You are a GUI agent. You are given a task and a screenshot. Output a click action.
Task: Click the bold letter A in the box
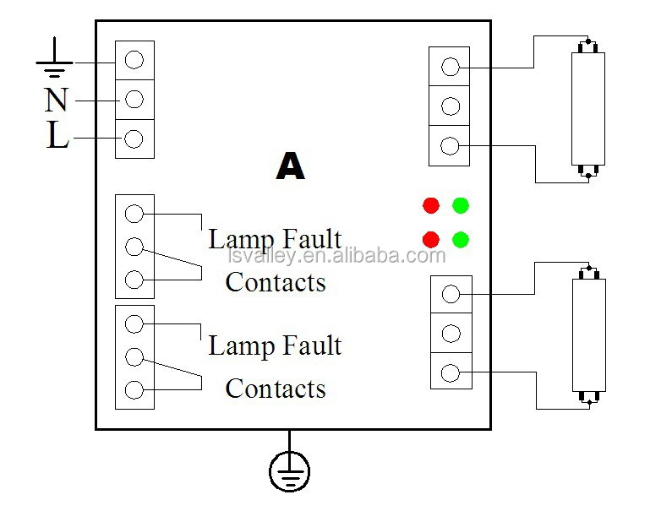[290, 166]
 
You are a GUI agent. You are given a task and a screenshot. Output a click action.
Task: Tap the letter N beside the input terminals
[57, 101]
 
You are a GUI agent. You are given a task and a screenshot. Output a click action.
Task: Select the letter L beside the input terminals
[57, 136]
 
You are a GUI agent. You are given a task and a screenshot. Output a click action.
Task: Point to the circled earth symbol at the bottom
[290, 470]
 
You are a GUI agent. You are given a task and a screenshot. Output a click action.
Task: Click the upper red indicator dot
[431, 205]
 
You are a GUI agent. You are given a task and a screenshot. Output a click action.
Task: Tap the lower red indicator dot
[431, 238]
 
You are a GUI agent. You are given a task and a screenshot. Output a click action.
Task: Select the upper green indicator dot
[461, 205]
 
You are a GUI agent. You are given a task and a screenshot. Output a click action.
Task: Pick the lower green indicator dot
[461, 238]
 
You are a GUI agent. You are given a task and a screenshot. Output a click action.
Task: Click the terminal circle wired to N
[134, 100]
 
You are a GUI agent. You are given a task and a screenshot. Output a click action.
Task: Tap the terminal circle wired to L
[134, 139]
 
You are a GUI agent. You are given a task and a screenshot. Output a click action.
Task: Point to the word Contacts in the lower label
[276, 389]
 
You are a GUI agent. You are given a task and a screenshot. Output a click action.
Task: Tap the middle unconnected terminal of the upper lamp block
[451, 106]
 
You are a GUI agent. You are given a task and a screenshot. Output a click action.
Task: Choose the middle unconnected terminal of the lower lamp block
[451, 333]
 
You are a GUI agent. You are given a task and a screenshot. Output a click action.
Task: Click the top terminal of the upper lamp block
[451, 67]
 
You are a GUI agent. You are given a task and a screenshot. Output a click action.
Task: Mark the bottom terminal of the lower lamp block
[451, 372]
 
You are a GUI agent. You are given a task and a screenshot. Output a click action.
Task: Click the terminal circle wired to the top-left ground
[134, 60]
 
